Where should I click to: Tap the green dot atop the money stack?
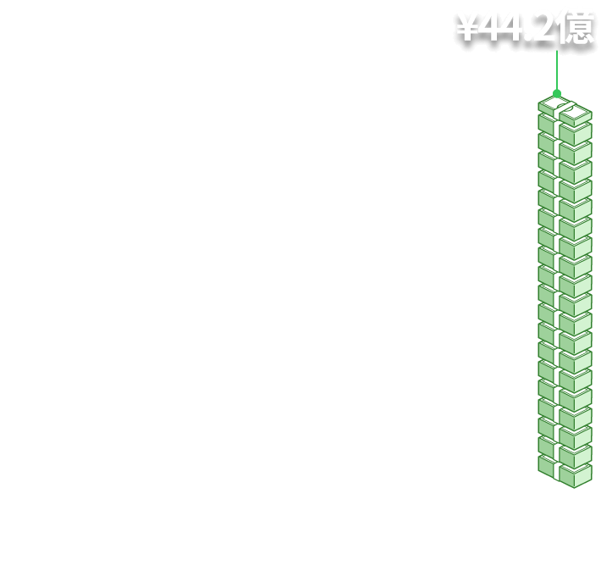pos(557,93)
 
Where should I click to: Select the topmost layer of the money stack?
pos(564,113)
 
